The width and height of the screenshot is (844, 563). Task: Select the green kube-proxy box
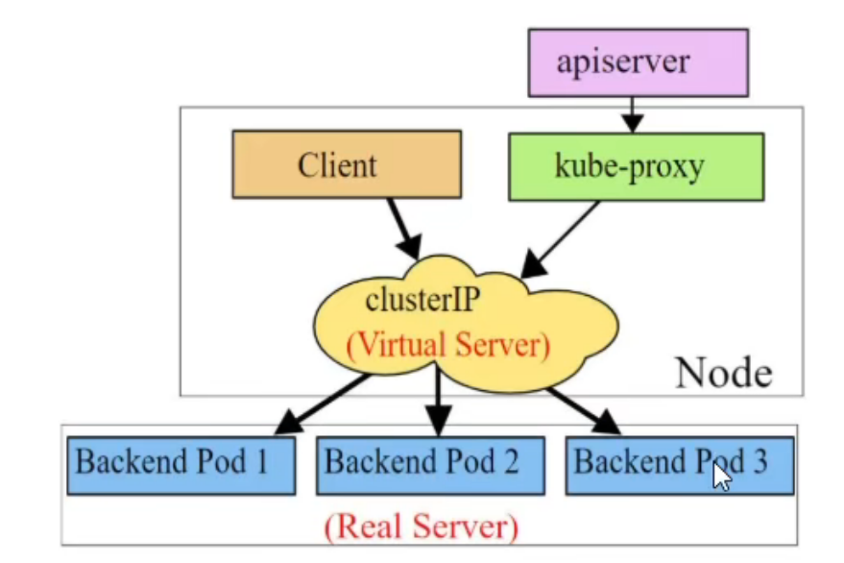pyautogui.click(x=636, y=166)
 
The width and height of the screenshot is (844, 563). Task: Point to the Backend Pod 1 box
pyautogui.click(x=181, y=465)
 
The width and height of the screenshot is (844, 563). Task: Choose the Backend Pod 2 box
pyautogui.click(x=430, y=465)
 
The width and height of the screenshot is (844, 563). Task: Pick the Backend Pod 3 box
pyautogui.click(x=679, y=465)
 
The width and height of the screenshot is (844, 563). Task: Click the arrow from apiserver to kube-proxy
pyautogui.click(x=631, y=114)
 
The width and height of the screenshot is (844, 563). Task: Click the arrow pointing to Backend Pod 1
pyautogui.click(x=323, y=402)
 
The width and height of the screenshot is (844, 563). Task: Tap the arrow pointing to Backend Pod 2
pyautogui.click(x=439, y=399)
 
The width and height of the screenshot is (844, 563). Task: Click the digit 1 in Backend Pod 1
pyautogui.click(x=262, y=462)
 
